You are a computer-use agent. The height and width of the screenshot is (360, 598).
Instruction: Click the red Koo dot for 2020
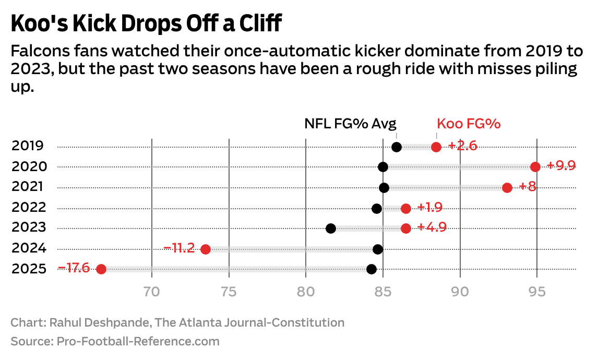535,167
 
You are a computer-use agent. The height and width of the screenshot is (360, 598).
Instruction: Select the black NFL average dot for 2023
330,228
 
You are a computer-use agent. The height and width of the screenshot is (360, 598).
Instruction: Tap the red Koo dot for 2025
101,269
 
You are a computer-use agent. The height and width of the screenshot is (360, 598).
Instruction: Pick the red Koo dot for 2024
205,249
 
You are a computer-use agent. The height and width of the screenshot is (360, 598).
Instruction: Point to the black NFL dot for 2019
396,147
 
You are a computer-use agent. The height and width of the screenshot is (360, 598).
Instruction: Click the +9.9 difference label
561,166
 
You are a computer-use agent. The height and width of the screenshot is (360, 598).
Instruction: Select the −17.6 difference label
74,268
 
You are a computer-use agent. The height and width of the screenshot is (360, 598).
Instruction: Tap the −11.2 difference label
179,248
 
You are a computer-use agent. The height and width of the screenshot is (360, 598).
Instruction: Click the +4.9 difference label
432,227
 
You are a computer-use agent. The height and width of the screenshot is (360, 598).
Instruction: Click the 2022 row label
29,207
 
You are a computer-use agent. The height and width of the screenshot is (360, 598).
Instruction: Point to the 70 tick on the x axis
151,292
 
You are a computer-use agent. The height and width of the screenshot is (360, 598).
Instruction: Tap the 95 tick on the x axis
537,292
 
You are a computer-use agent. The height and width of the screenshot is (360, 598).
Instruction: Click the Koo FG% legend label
469,124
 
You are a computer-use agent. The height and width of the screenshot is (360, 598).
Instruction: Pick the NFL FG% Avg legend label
350,124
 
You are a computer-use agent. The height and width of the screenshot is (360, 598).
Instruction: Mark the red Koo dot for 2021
507,187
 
